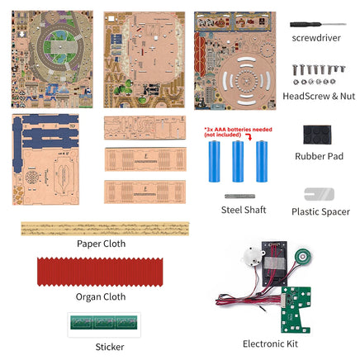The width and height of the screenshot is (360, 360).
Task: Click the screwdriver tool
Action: (318, 25)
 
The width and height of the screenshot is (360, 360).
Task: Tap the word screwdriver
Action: (316, 38)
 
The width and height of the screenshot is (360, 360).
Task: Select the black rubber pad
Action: (317, 135)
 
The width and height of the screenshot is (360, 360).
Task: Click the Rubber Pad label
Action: (319, 156)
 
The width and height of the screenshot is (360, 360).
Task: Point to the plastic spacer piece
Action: (319, 194)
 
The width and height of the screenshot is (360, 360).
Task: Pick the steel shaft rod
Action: (239, 197)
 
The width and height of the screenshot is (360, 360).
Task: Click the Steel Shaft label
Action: (244, 210)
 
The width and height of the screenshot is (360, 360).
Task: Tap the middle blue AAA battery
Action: (238, 162)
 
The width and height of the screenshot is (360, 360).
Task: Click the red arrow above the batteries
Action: (249, 136)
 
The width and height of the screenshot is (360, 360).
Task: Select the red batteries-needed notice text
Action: (238, 132)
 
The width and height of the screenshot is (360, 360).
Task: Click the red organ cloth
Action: (100, 272)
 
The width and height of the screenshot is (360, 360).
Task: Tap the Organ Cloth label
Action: (101, 296)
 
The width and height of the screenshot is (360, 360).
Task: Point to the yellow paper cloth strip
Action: (105, 229)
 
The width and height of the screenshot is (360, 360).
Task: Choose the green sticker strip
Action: (104, 322)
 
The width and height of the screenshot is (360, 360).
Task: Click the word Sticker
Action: (110, 347)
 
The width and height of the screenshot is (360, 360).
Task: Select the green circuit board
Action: (295, 308)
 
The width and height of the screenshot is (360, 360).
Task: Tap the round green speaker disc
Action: (303, 258)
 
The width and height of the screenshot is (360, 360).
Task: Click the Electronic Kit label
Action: (270, 343)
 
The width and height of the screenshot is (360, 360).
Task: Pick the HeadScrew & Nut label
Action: (319, 96)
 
